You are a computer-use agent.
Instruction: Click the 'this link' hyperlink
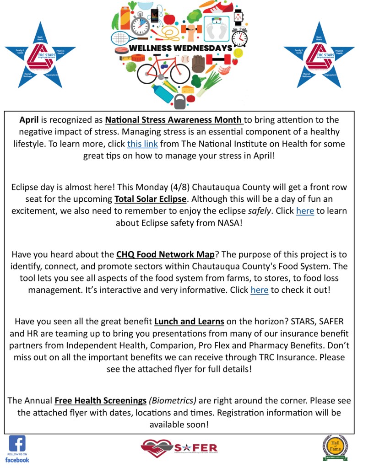[x=142, y=144]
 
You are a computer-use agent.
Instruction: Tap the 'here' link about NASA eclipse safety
[x=305, y=211]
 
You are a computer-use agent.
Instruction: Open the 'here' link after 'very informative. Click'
[x=259, y=290]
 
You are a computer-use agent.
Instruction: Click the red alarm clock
[x=239, y=36]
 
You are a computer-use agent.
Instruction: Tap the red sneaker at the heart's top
[x=221, y=7]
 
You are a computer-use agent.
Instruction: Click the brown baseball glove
[x=198, y=64]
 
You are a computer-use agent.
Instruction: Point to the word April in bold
[x=29, y=120]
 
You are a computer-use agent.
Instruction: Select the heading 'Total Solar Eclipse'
[x=151, y=199]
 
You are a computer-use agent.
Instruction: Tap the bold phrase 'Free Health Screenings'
[x=100, y=401]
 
